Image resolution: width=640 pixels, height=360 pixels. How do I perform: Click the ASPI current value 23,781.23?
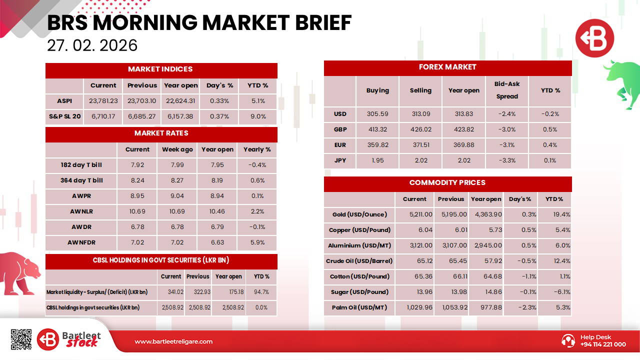coord(103,101)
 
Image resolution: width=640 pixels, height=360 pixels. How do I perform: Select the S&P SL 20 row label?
coord(65,116)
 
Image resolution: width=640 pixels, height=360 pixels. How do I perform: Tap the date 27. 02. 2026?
coord(92,45)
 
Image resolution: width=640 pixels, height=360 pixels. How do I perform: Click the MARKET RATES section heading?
coord(161,133)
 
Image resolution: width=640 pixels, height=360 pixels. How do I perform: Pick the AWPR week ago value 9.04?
coord(177,196)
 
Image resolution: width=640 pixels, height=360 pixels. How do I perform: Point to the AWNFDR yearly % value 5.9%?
coord(257,242)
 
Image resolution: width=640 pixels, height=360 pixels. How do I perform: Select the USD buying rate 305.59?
coord(377,114)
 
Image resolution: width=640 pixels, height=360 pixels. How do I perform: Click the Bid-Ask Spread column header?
coord(507,90)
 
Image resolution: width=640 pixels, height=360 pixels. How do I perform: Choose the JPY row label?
coord(340,160)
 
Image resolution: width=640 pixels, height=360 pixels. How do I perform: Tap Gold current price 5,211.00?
coord(420,214)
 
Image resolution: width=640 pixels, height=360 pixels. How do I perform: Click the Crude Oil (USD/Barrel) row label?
coord(359,261)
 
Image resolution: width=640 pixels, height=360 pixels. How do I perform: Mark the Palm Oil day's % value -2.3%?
coord(527,307)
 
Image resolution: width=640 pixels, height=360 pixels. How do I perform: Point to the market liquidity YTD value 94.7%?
coord(261,292)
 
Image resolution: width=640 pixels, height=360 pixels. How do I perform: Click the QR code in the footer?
coord(21,339)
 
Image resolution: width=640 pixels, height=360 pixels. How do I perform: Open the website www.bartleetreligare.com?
coord(173,341)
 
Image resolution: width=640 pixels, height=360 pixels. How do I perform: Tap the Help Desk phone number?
coord(603,344)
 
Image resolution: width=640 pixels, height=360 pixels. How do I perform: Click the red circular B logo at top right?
coord(595,38)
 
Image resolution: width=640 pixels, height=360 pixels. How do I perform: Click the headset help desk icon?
coord(568,340)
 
